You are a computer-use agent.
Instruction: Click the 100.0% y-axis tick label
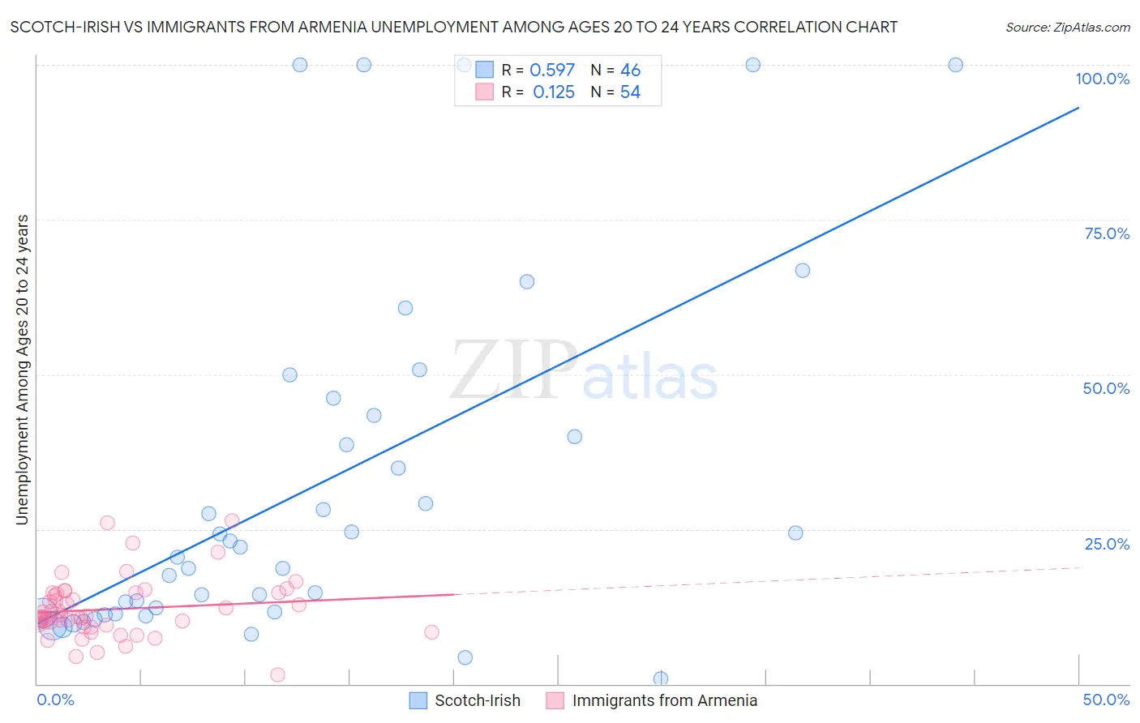pos(1102,79)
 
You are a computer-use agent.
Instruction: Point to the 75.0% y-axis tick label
pos(1107,233)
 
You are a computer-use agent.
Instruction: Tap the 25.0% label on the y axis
pos(1107,544)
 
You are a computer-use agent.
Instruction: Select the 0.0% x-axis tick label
pos(55,699)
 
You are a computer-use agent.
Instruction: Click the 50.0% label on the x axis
pos(1106,699)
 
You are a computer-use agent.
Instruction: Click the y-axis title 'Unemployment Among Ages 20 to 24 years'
pos(22,370)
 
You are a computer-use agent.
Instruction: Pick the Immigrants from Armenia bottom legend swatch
pos(555,700)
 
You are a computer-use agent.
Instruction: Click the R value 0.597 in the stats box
pos(552,71)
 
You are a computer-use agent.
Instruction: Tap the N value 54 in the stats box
pos(630,92)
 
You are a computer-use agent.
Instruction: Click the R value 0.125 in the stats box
pos(553,92)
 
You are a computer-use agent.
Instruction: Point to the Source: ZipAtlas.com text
pos(1067,27)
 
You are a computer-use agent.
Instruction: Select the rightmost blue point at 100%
pos(955,65)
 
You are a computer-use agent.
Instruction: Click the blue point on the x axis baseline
pos(661,678)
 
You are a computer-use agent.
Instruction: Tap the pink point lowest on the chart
pos(277,675)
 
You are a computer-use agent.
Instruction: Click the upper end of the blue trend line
pos(1078,107)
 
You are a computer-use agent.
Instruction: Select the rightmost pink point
pos(431,632)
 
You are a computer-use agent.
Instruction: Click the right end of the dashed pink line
pos(1079,567)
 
